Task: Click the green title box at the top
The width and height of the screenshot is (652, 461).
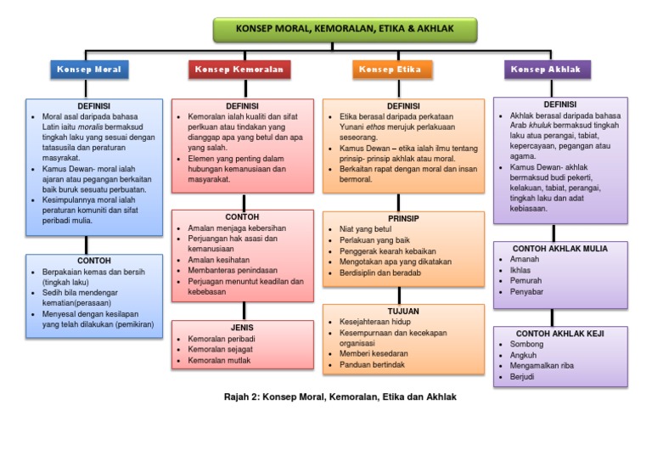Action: [345, 29]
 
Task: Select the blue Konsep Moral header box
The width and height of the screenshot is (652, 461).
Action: [88, 70]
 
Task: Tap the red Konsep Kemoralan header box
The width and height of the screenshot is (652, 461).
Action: [240, 70]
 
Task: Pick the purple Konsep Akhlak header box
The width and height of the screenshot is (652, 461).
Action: [548, 70]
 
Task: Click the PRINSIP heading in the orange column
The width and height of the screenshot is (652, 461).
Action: [391, 218]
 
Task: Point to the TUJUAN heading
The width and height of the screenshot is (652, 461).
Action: [391, 312]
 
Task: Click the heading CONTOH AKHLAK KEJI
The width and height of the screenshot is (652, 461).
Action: [560, 334]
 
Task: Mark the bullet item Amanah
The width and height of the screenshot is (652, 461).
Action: [525, 259]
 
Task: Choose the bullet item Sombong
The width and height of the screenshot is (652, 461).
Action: [526, 345]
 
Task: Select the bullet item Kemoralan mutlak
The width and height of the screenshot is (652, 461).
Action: [220, 361]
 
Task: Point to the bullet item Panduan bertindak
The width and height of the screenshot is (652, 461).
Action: [373, 365]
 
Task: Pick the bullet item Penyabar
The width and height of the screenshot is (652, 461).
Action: [526, 291]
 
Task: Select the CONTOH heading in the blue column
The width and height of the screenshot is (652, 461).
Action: [94, 259]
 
